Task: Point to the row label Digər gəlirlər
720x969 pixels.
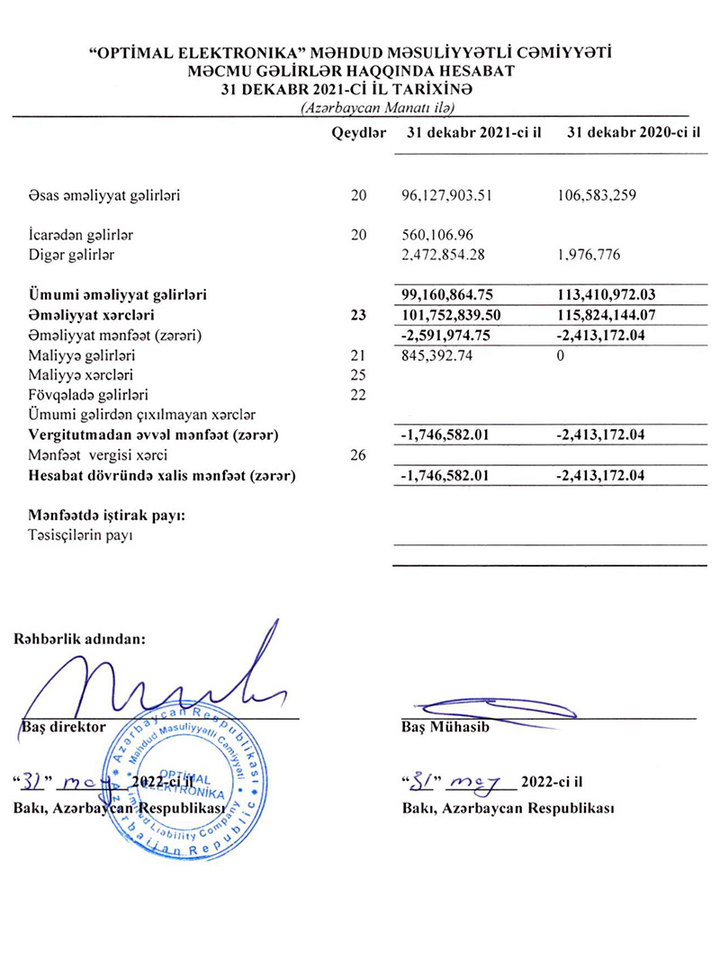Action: pyautogui.click(x=74, y=255)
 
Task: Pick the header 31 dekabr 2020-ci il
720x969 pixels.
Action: pyautogui.click(x=634, y=133)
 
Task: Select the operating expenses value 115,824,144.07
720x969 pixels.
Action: pyautogui.click(x=611, y=316)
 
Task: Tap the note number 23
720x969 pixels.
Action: pyautogui.click(x=359, y=316)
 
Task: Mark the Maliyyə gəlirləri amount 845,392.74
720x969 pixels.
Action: pyautogui.click(x=444, y=357)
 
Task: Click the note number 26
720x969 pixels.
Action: pyautogui.click(x=359, y=455)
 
